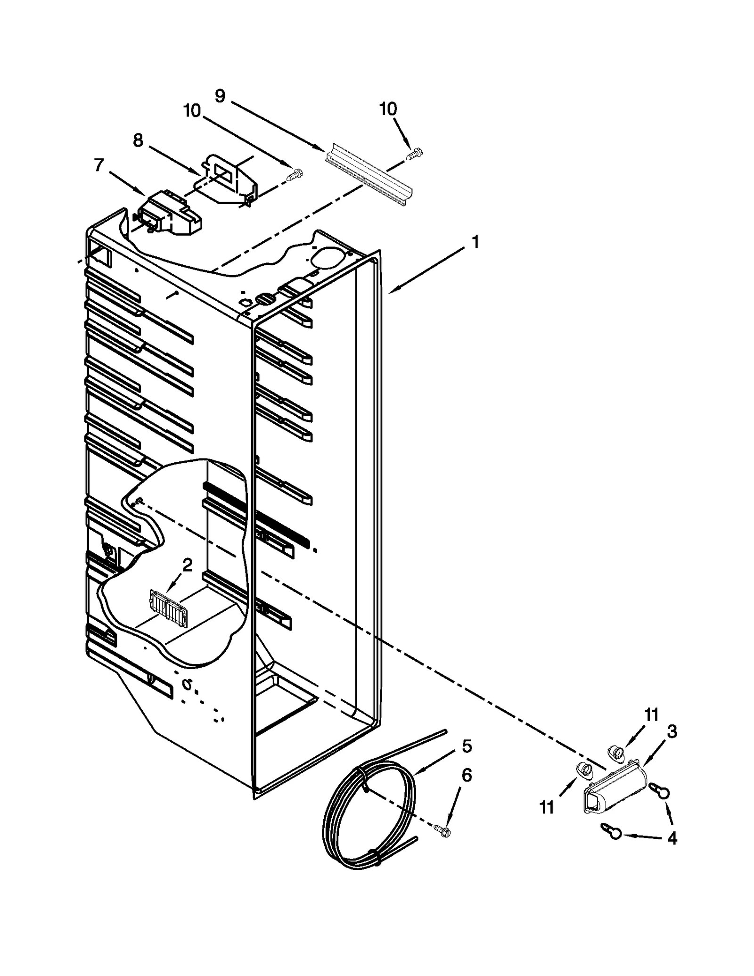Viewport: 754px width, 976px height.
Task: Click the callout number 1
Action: [475, 242]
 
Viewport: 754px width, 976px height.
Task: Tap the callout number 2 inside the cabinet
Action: [187, 565]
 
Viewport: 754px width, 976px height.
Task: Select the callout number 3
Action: [672, 732]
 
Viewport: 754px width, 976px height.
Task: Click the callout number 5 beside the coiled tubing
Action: [467, 746]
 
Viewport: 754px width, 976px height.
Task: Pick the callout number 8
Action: [138, 140]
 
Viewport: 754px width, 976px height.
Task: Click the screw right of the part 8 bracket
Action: [295, 175]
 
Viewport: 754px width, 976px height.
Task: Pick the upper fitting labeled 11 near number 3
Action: [616, 753]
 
